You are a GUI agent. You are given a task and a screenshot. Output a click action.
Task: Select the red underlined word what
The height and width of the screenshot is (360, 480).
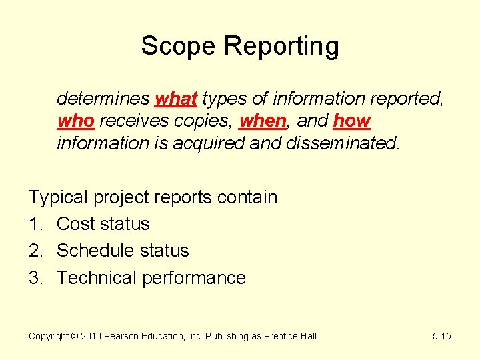coord(175,99)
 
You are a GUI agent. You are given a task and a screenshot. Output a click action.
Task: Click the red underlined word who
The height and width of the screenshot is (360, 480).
coord(75,121)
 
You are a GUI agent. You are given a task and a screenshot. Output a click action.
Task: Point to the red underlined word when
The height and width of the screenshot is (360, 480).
coord(262,121)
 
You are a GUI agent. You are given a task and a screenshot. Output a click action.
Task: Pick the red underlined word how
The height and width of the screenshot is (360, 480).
coord(351,121)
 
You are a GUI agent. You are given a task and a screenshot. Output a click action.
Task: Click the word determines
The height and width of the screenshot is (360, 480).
coord(103,99)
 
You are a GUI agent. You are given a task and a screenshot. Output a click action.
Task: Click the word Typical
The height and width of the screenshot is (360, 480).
coord(59,198)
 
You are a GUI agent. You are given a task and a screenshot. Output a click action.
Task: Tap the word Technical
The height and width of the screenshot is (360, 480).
coord(97,278)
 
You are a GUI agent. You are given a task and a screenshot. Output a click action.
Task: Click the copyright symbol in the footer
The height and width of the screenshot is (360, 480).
coord(74,337)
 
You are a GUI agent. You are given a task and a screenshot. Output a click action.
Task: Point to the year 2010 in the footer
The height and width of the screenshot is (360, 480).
coord(90,337)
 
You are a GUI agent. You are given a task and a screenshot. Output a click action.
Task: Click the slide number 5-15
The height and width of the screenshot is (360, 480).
coord(441,337)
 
